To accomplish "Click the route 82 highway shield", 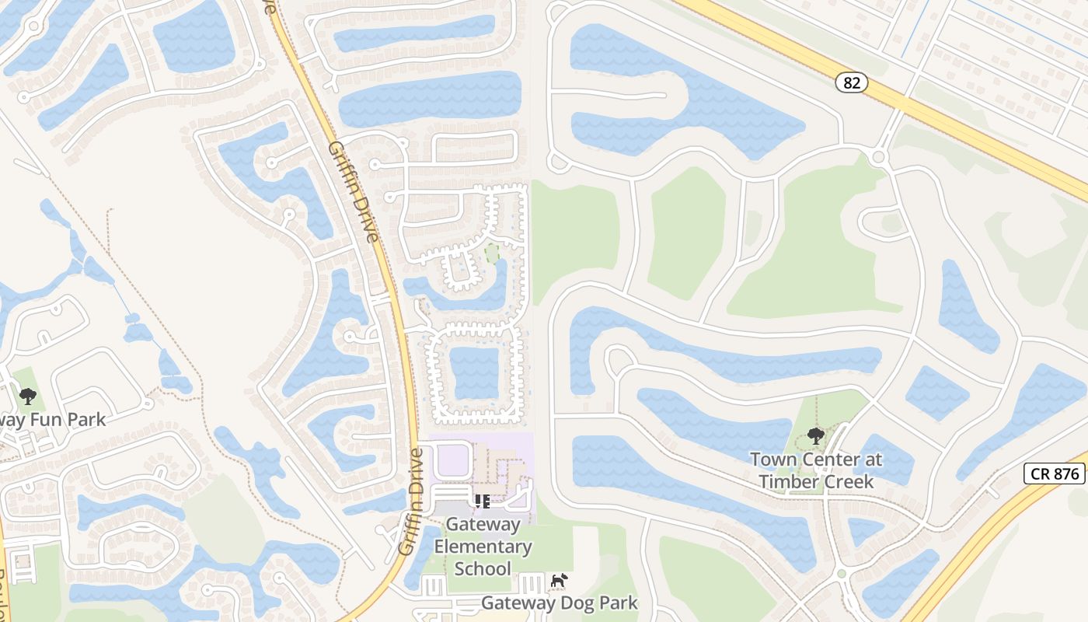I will (x=852, y=82).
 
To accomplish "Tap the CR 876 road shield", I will (x=1054, y=473).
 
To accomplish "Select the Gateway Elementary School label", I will (x=483, y=547).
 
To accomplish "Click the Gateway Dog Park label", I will (x=560, y=603).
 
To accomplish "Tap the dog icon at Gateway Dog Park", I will (x=559, y=580).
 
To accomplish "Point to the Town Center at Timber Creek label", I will (x=816, y=470).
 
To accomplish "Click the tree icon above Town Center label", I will (x=816, y=435).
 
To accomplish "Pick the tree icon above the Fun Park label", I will (x=28, y=397).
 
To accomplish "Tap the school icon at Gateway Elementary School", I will (x=482, y=501).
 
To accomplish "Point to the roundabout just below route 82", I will (x=879, y=157).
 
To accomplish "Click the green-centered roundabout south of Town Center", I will (x=841, y=575).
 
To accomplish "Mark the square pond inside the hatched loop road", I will (x=474, y=372).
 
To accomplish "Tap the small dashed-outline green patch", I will (x=491, y=253).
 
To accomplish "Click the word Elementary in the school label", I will (x=483, y=547).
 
